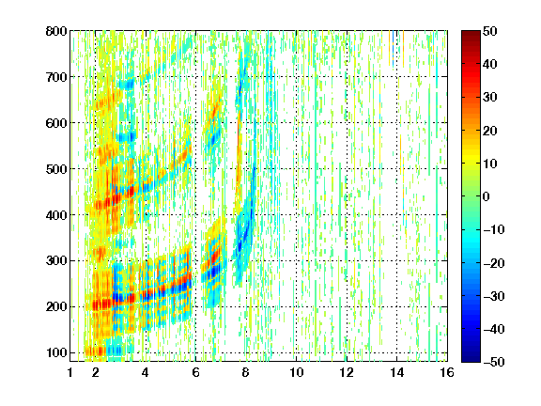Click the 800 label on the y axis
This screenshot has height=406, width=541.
click(x=56, y=31)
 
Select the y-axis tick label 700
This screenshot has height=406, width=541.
click(x=56, y=77)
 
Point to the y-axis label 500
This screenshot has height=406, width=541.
click(x=56, y=169)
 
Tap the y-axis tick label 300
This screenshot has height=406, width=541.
click(x=56, y=260)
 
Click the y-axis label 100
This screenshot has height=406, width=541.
click(x=56, y=352)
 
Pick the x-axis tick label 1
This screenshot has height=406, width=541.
click(x=70, y=372)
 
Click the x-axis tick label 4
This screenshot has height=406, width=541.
click(x=146, y=372)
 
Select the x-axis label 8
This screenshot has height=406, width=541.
click(x=245, y=372)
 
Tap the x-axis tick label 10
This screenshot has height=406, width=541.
click(x=296, y=372)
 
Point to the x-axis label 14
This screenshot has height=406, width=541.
click(x=396, y=372)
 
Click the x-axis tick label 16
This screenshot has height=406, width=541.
click(x=447, y=372)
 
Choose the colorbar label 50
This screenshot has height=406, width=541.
click(x=489, y=31)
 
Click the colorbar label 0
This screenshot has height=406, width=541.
click(x=487, y=196)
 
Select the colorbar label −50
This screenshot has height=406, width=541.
click(x=493, y=362)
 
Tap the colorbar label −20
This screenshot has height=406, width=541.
click(x=493, y=263)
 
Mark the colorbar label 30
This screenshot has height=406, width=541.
click(x=489, y=97)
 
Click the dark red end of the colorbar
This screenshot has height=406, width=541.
click(x=471, y=33)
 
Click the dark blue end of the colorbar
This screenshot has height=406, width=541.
click(x=471, y=360)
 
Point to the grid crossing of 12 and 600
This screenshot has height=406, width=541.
click(x=347, y=122)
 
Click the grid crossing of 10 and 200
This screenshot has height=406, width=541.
click(x=296, y=306)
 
